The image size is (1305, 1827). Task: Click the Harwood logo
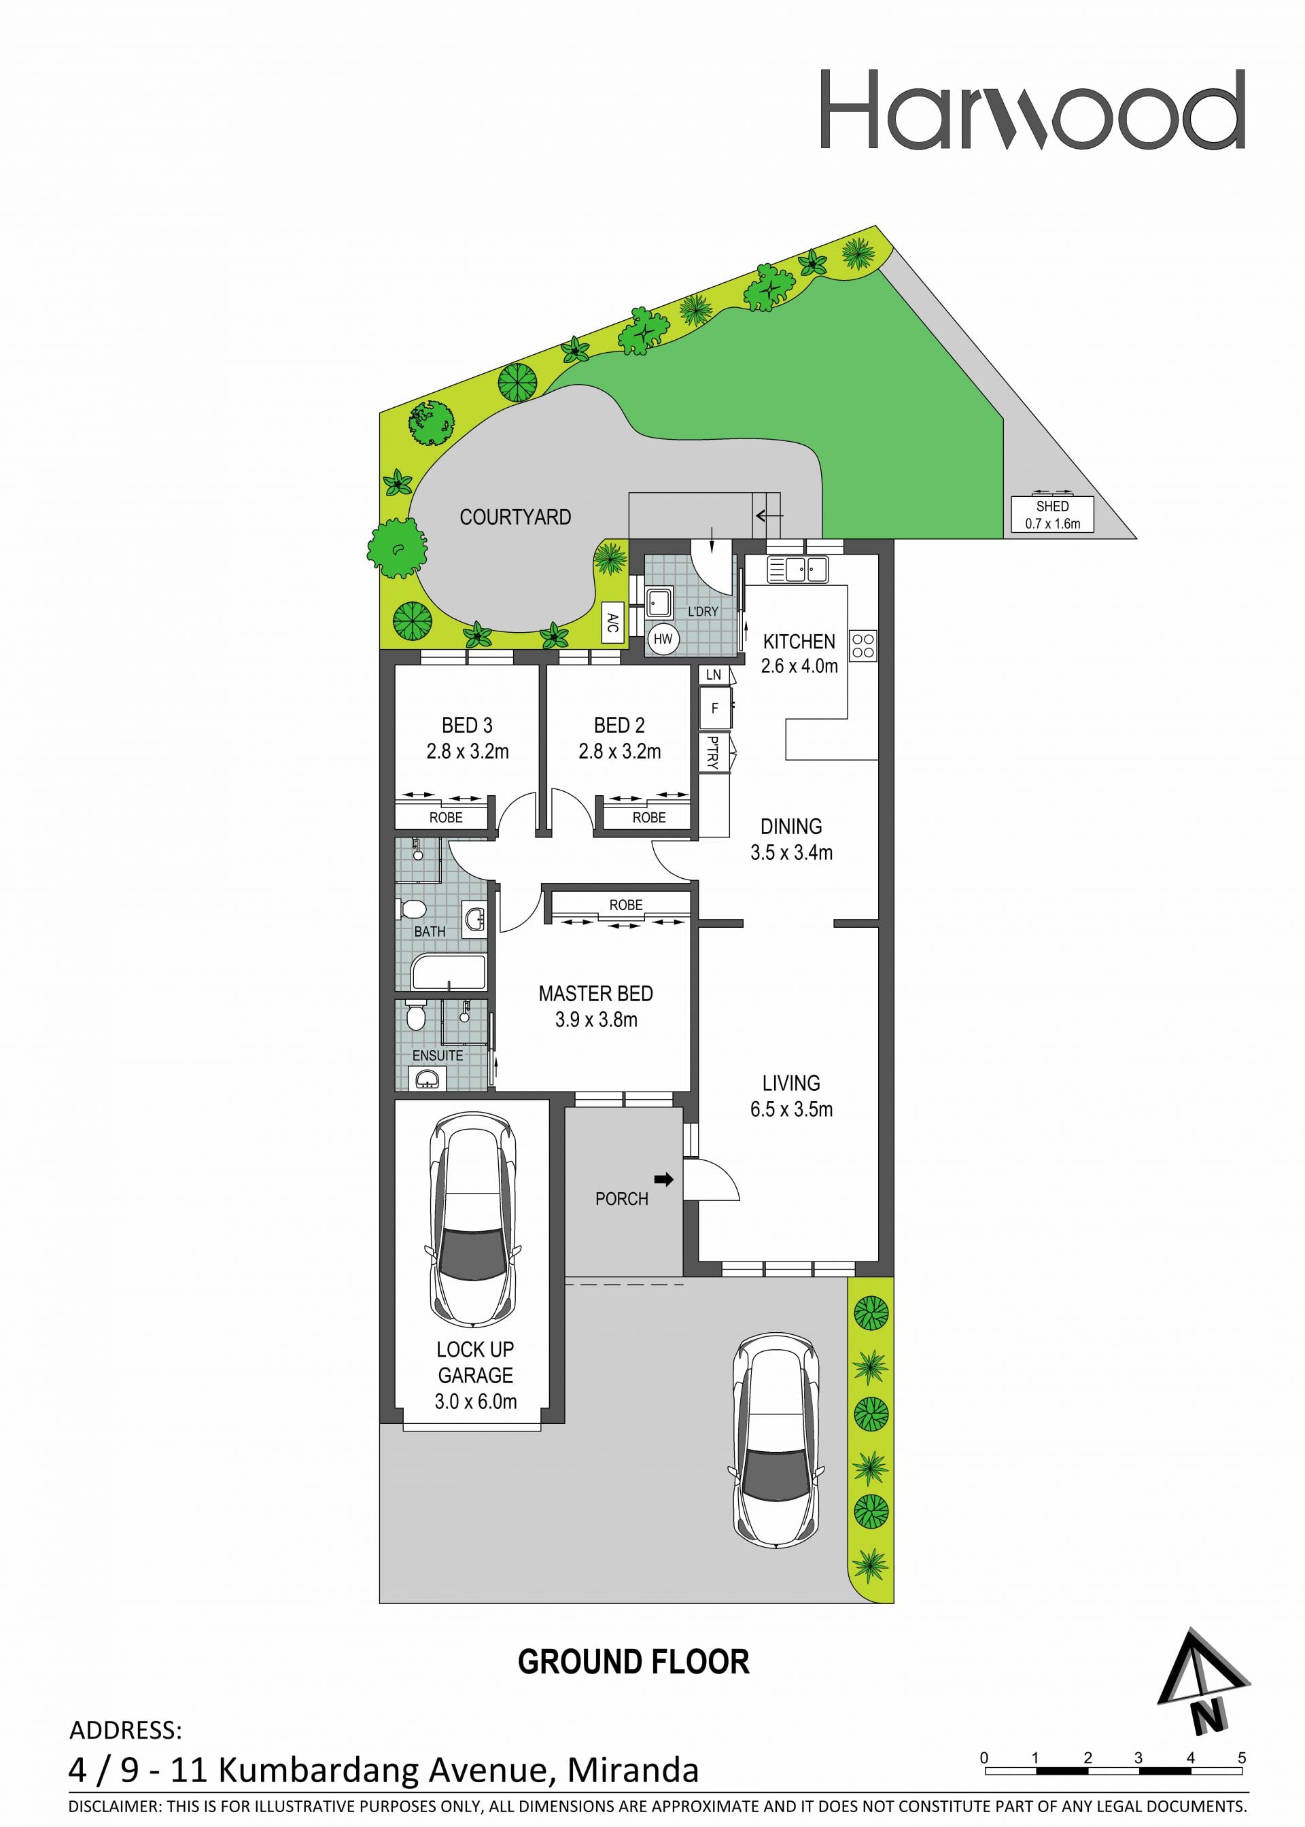[x=1032, y=109]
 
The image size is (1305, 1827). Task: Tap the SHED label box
[x=1052, y=515]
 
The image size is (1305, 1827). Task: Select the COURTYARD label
[x=515, y=517]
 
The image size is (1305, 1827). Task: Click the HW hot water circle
[x=663, y=640]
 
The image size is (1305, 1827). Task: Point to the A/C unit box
[x=612, y=622]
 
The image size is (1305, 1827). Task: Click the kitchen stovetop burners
[x=863, y=645]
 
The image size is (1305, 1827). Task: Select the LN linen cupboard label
[x=714, y=675]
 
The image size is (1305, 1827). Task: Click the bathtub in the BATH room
[x=449, y=972]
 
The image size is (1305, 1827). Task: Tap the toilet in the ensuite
[x=415, y=1015]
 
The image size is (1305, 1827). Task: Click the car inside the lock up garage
[x=472, y=1219]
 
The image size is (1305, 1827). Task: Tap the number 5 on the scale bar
[x=1242, y=1758]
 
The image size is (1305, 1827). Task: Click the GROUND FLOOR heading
[x=633, y=1661]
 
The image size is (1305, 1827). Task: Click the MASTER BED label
[x=595, y=994]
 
